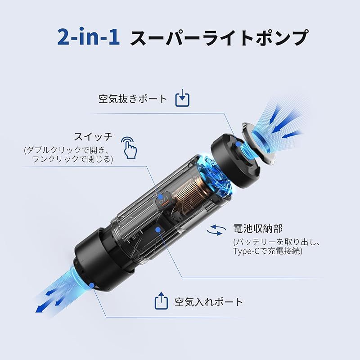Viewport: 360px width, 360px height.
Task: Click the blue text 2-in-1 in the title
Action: pos(89,38)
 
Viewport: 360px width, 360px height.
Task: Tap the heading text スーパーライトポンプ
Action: pos(219,38)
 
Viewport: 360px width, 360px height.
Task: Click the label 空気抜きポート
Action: pos(133,99)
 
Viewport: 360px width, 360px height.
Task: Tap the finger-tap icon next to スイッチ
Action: pos(130,147)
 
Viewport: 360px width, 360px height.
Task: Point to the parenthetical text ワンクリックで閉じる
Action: pos(72,159)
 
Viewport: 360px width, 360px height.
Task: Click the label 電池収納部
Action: pos(258,229)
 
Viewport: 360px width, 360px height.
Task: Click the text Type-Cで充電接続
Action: pos(268,251)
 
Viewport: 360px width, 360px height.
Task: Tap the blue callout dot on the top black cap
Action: pos(237,144)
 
